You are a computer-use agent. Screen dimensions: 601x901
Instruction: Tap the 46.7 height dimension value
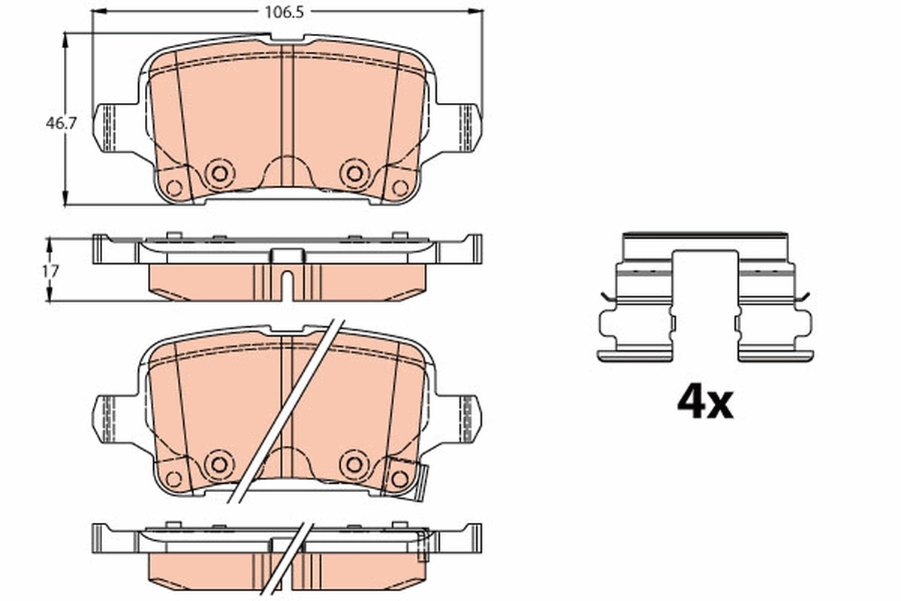click(61, 124)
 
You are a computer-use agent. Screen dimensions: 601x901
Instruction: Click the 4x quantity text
click(704, 403)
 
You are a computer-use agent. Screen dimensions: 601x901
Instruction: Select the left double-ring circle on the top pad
click(218, 174)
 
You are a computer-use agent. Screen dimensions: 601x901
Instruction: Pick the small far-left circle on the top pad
click(174, 188)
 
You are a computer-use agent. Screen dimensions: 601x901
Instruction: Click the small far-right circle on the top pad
click(400, 188)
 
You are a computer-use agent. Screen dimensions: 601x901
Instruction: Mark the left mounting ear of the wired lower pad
click(109, 417)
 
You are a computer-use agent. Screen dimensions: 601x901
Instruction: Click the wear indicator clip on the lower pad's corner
click(421, 481)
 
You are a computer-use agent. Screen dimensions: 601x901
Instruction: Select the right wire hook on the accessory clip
click(803, 297)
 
